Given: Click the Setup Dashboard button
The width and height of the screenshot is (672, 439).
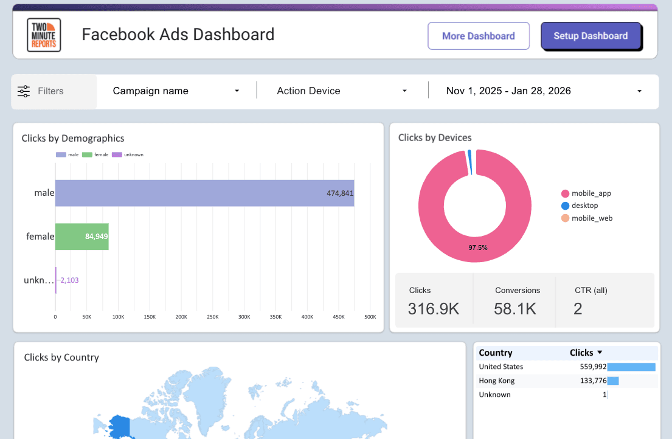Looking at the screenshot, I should coord(591,36).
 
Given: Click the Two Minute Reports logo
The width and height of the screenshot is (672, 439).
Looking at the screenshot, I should coord(44,35).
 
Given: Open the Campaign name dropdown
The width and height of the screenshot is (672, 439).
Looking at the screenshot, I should coord(176,91).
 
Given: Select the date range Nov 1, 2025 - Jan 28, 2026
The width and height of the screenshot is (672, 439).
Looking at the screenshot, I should coord(543,91).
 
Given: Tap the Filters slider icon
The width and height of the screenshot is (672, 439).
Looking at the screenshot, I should coord(24,91).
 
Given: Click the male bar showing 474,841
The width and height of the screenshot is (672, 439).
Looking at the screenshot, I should coord(204,193).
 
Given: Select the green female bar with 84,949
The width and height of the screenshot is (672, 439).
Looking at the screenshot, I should coord(81,237).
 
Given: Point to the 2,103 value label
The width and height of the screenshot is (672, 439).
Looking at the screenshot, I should coord(69,280).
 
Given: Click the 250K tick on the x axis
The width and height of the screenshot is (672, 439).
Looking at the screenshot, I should coord(213,317).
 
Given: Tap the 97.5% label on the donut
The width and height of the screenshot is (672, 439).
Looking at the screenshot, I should coord(477,247).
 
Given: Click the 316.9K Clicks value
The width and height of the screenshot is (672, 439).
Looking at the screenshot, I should coord(433,309).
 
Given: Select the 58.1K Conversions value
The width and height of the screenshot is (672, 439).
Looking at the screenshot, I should coord(514,309).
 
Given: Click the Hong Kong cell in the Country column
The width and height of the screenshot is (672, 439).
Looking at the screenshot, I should coord(497,381).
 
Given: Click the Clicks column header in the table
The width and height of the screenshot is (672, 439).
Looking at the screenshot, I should coord(581,353).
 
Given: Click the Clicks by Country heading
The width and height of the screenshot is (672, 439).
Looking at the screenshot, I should coord(61,358).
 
